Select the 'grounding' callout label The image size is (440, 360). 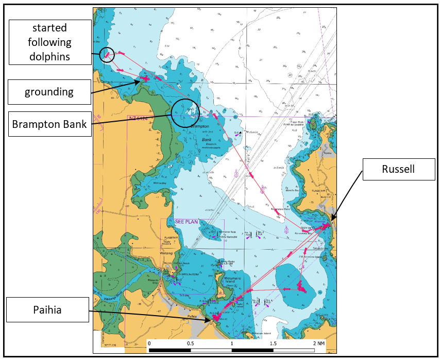(x=50, y=92)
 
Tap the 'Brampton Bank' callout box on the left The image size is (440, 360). (x=50, y=124)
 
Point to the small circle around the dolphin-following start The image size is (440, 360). (x=106, y=54)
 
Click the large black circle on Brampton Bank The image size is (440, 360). (x=185, y=113)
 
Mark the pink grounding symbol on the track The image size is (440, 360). (x=146, y=78)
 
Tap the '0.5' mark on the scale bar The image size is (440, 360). (x=191, y=343)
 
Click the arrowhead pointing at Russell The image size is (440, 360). (x=333, y=221)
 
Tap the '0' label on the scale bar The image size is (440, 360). (x=149, y=343)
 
